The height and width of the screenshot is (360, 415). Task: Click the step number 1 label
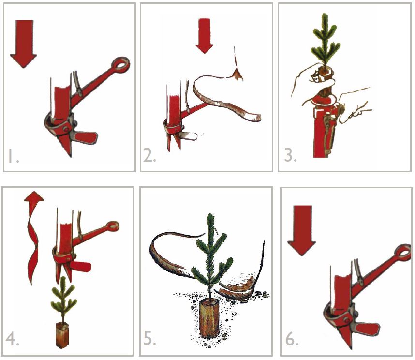(x=13, y=156)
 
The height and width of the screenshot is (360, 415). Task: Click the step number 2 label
(x=149, y=156)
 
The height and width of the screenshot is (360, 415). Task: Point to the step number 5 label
(x=149, y=339)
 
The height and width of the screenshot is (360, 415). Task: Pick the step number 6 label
(x=290, y=339)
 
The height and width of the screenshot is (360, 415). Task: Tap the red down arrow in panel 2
(x=205, y=37)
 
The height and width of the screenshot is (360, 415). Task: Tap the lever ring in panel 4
(x=113, y=225)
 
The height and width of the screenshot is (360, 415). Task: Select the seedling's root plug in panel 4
(x=62, y=335)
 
